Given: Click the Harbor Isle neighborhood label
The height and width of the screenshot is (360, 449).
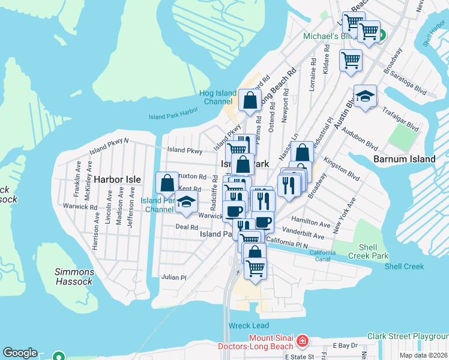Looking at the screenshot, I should tap(117, 179).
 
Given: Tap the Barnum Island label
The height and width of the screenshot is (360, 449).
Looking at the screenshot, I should tap(403, 159).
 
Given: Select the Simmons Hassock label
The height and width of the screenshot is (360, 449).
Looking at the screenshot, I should tap(73, 277).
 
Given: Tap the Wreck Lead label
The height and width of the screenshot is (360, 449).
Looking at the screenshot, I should tap(249, 325).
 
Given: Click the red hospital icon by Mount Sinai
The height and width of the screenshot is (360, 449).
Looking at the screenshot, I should tap(303, 342).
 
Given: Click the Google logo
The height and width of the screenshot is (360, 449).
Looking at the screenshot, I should tap(20, 353).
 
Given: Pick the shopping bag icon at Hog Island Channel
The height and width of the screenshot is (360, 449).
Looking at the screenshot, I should tap(249, 100).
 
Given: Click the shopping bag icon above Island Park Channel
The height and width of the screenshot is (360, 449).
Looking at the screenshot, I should tap(167, 182).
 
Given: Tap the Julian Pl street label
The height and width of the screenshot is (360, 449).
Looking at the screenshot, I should tap(174, 277).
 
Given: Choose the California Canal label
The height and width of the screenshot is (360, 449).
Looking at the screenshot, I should tap(322, 256).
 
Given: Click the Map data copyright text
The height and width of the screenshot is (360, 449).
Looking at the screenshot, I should tap(424, 355).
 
